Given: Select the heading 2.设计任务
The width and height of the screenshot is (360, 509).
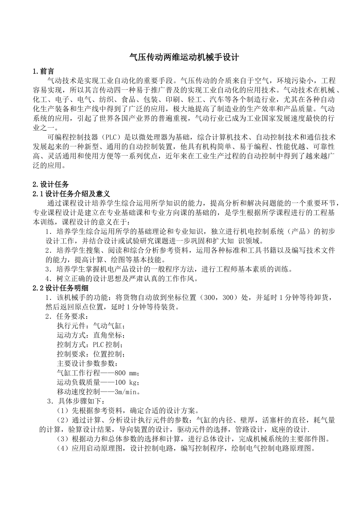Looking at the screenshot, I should click(51, 184).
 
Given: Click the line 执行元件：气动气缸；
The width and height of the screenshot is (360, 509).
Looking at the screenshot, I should click(91, 326).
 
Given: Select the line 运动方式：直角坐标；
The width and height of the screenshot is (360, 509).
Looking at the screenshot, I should click(91, 335).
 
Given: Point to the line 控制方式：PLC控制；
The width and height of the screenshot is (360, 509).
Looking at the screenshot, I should click(91, 345).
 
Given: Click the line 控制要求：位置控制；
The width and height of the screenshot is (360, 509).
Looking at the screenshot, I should click(91, 354).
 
